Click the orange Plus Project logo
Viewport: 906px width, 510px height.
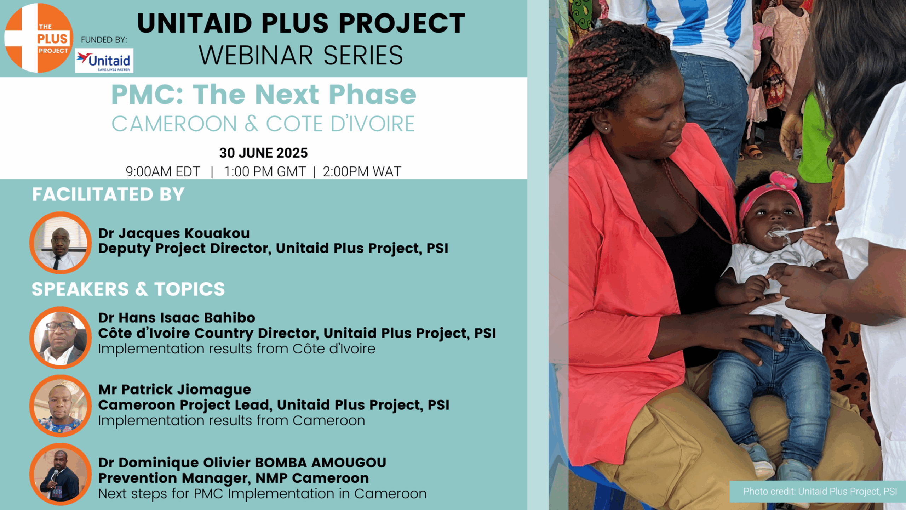38,38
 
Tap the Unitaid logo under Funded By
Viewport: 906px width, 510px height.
104,61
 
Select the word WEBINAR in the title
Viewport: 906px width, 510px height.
256,56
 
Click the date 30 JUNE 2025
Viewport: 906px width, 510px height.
263,153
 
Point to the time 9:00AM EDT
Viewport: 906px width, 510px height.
163,172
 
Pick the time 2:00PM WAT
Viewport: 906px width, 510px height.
362,172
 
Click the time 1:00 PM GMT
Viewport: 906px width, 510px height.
265,172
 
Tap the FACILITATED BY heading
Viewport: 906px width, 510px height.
108,194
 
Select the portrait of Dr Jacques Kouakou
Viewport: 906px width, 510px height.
61,243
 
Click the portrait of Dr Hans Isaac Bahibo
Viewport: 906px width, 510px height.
61,338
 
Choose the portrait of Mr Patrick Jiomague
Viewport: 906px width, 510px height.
61,406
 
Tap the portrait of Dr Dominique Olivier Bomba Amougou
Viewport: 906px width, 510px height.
61,474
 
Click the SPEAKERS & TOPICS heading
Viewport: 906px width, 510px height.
128,289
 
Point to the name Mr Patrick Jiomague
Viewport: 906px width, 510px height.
174,390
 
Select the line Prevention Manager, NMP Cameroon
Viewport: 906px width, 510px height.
234,478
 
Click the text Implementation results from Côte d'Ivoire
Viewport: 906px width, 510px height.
236,349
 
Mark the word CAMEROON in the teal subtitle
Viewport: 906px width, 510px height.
174,124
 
